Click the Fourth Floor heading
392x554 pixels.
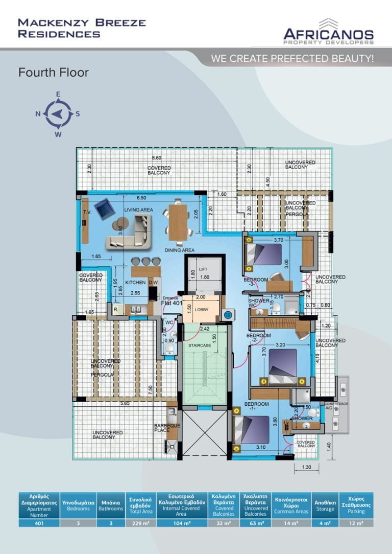[53, 73]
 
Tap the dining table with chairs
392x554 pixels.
[178, 223]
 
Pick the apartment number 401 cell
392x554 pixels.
[39, 523]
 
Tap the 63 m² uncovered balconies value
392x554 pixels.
[256, 523]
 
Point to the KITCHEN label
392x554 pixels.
[136, 283]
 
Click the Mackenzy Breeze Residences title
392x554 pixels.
[82, 28]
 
